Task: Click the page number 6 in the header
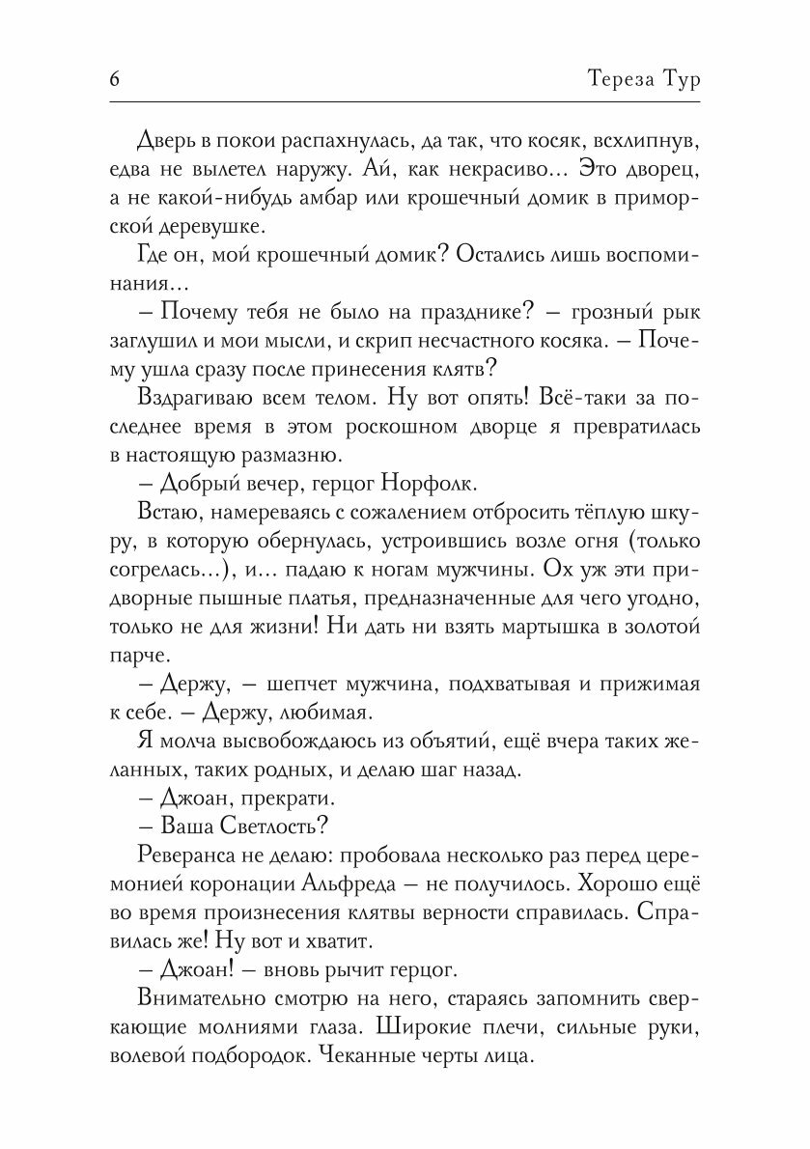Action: coord(114,80)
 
